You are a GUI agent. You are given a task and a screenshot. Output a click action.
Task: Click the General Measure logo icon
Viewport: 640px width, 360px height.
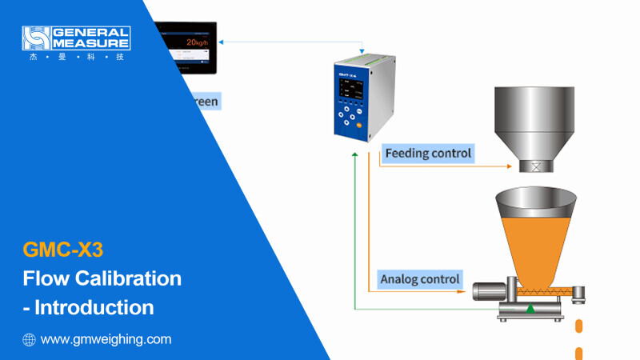pyautogui.click(x=36, y=38)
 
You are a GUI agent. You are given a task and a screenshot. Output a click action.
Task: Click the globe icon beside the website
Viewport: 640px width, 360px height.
pyautogui.click(x=30, y=339)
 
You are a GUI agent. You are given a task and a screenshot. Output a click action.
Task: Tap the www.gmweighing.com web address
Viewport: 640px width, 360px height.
pyautogui.click(x=106, y=339)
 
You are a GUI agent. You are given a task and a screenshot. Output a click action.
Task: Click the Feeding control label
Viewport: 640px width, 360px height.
pyautogui.click(x=429, y=152)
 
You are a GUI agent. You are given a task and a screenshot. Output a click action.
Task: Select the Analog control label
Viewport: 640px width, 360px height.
pyautogui.click(x=420, y=278)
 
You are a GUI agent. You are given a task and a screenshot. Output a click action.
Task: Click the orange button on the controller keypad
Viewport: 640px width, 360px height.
pyautogui.click(x=359, y=126)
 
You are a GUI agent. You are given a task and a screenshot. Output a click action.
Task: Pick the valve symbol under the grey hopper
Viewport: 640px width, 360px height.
pyautogui.click(x=535, y=167)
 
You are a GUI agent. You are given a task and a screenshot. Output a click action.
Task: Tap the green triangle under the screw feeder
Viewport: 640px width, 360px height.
pyautogui.click(x=529, y=307)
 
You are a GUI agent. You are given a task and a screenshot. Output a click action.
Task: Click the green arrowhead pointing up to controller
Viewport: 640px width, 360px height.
pyautogui.click(x=353, y=152)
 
